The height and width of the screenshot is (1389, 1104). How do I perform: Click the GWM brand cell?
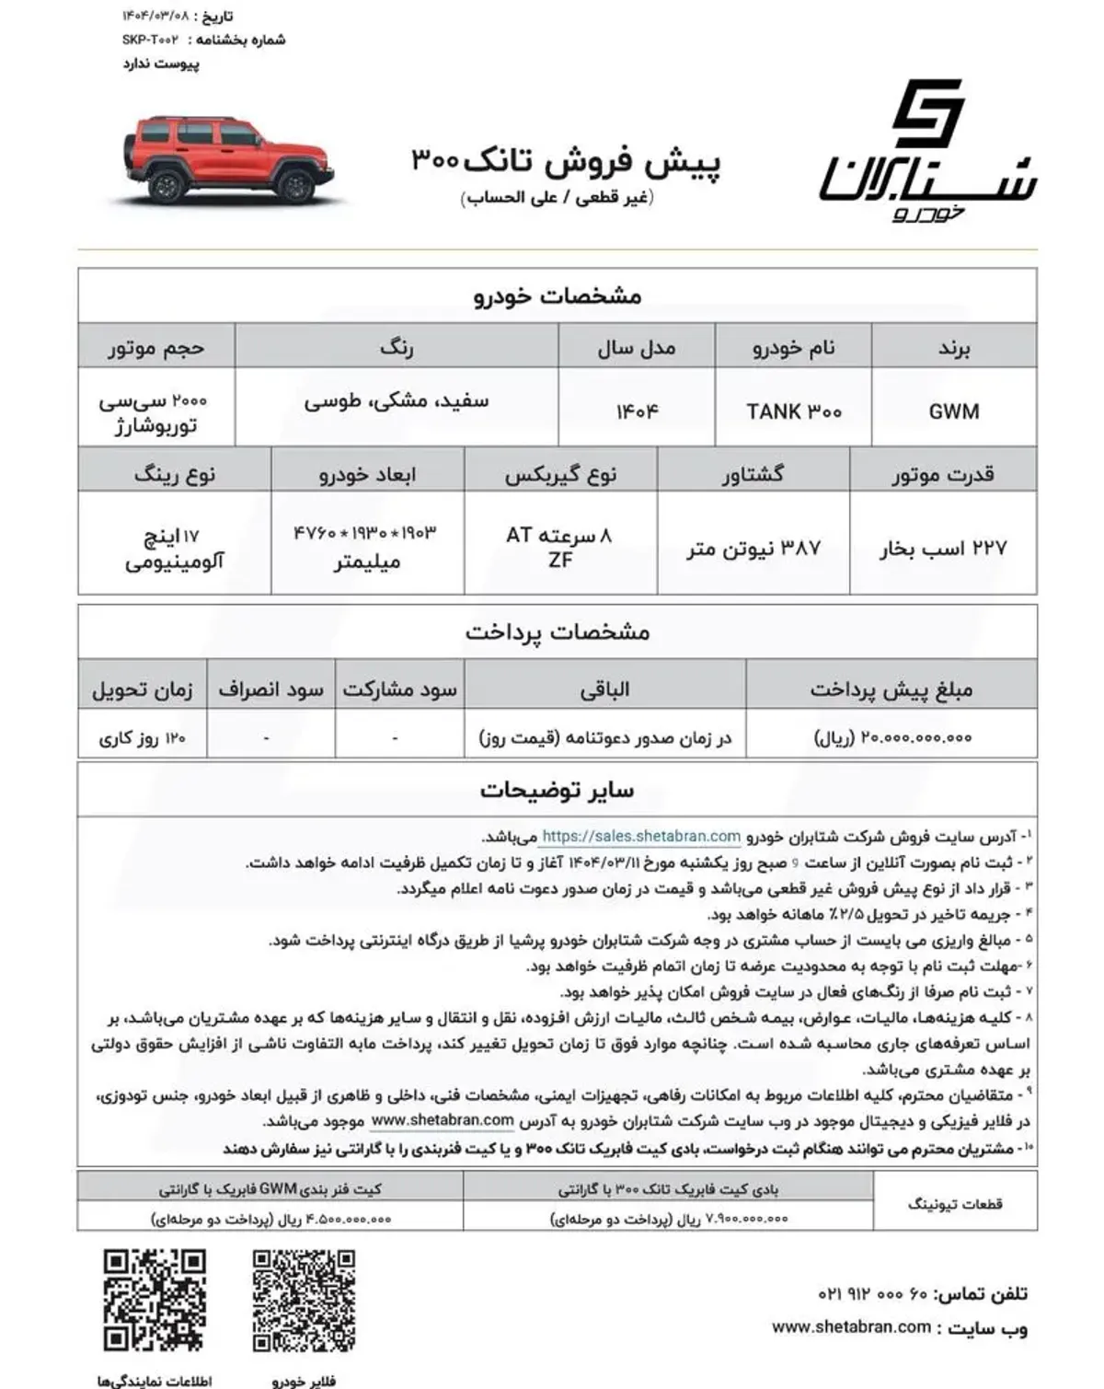(953, 411)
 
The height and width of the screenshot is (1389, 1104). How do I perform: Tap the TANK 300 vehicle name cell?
(793, 411)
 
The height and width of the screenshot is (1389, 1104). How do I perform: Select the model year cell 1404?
(637, 411)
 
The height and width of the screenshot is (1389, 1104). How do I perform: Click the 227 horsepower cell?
(942, 549)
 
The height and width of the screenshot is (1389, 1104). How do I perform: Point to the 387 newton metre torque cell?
(753, 549)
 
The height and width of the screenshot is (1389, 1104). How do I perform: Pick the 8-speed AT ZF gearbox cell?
(559, 547)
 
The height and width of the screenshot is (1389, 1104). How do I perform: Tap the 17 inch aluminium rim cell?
(174, 549)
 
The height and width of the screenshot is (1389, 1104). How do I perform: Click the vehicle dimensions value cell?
(366, 547)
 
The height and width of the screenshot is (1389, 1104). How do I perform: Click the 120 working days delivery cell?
(143, 737)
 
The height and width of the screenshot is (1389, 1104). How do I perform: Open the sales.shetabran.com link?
(640, 837)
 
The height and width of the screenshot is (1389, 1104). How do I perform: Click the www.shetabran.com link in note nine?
(443, 1120)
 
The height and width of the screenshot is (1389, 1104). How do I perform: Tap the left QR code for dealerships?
(154, 1300)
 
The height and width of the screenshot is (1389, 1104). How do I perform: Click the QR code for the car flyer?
(304, 1300)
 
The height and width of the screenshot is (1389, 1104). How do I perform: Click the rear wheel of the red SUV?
(167, 187)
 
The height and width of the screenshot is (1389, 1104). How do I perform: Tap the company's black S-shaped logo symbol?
(927, 113)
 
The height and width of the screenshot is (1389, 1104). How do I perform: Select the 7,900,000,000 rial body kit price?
(669, 1219)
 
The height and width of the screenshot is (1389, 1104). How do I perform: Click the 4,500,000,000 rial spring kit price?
(271, 1219)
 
